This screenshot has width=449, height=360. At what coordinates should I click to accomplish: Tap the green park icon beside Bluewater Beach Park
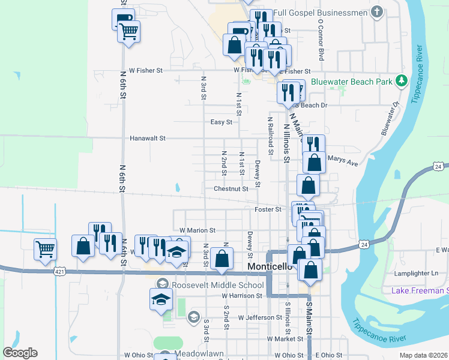tap(401, 80)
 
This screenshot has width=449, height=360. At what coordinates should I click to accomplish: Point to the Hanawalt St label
tap(147, 138)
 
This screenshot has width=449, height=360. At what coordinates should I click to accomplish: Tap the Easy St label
tap(221, 122)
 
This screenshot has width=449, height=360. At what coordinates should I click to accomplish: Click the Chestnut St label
tap(231, 189)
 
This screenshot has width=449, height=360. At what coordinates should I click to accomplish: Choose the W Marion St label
tap(197, 230)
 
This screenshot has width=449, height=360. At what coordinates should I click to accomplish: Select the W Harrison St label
tap(242, 296)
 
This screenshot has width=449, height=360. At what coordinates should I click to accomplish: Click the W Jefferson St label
tap(259, 317)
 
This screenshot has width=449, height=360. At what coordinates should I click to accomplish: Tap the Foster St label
tap(268, 209)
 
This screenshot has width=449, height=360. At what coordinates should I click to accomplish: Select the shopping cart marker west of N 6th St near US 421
tap(46, 248)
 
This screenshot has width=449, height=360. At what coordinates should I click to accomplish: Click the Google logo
tap(20, 353)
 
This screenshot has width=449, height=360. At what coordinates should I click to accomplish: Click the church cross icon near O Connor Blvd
tap(376, 11)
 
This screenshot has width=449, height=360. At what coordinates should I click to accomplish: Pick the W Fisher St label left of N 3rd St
tap(142, 70)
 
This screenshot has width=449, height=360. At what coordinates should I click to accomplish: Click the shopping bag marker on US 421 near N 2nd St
tap(221, 259)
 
